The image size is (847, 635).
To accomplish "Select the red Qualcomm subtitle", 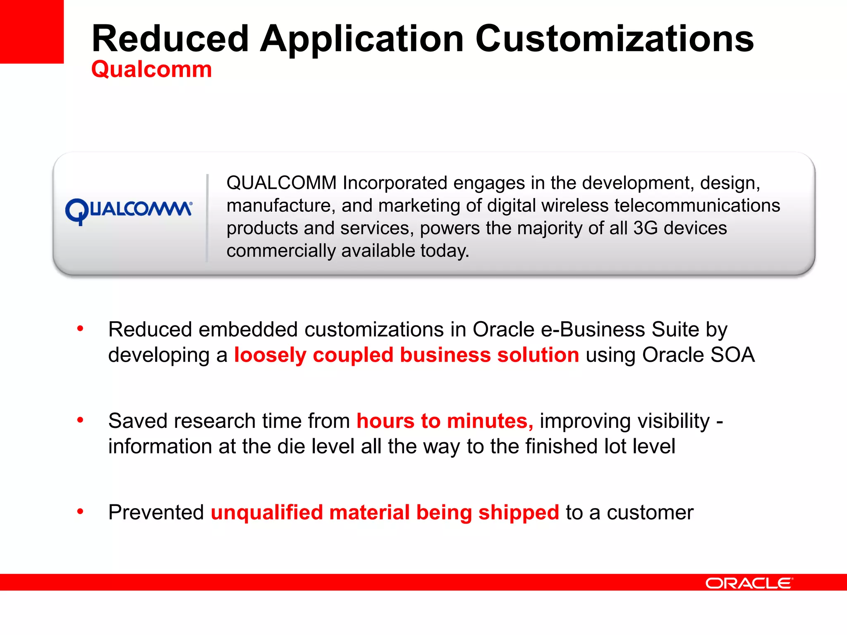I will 151,69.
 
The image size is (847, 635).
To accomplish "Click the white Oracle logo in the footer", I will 749,583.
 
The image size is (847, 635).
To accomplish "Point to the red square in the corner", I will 31,31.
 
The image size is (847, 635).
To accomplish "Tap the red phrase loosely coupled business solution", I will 407,355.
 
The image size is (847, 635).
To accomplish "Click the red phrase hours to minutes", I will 445,421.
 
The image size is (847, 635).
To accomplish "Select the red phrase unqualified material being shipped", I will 385,513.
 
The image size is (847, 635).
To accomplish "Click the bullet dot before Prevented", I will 80,512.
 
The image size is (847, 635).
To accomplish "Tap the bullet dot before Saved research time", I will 80,420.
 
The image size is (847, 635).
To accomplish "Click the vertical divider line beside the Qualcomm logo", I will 207,218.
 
